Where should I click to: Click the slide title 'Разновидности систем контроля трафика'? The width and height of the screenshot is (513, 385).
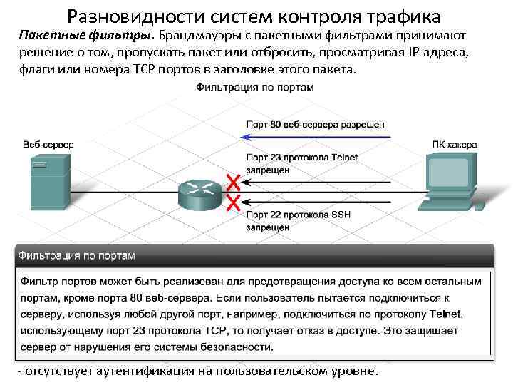click(256, 15)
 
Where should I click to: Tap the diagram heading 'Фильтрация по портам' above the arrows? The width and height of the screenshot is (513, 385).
click(255, 88)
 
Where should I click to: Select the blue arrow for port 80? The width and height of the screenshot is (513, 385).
click(313, 136)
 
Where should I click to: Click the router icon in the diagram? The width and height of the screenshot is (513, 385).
click(199, 190)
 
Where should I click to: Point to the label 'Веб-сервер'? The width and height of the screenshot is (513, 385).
click(48, 145)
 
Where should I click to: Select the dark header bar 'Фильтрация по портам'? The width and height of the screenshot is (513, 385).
click(254, 255)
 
